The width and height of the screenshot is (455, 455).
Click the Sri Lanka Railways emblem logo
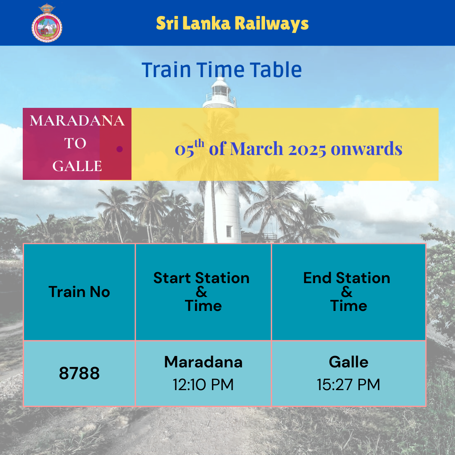pyautogui.click(x=47, y=23)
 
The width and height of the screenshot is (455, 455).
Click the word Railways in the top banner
pyautogui.click(x=272, y=23)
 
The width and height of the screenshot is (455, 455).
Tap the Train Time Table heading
pyautogui.click(x=222, y=70)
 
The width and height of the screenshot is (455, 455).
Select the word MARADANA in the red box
pyautogui.click(x=77, y=120)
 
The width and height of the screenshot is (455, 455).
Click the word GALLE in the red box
pyautogui.click(x=77, y=166)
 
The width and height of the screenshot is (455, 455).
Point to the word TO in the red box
pyautogui.click(x=75, y=143)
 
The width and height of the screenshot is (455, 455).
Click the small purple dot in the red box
pyautogui.click(x=120, y=149)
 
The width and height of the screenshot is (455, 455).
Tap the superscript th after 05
pyautogui.click(x=199, y=143)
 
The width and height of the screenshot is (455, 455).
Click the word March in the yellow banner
pyautogui.click(x=257, y=149)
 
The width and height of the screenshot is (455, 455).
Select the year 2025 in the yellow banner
pyautogui.click(x=307, y=149)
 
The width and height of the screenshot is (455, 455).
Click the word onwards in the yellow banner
pyautogui.click(x=367, y=149)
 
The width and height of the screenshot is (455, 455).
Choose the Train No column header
pyautogui.click(x=79, y=292)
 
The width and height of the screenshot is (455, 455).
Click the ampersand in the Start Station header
pyautogui.click(x=201, y=292)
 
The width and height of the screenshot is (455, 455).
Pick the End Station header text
pyautogui.click(x=347, y=278)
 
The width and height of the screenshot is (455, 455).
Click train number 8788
pyautogui.click(x=79, y=373)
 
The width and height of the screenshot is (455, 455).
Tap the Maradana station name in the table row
pyautogui.click(x=203, y=362)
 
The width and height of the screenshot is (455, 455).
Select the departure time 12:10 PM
pyautogui.click(x=203, y=385)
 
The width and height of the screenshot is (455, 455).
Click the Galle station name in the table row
pyautogui.click(x=348, y=362)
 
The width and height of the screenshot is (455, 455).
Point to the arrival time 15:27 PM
pyautogui.click(x=348, y=385)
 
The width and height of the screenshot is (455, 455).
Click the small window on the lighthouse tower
pyautogui.click(x=229, y=231)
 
